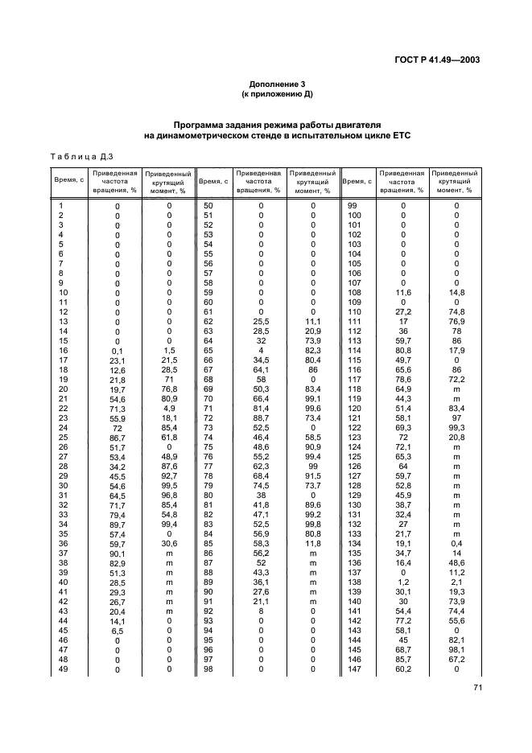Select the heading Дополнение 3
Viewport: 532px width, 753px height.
pyautogui.click(x=277, y=84)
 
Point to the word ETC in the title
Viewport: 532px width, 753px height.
pyautogui.click(x=399, y=136)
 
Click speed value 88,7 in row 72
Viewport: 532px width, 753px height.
pyautogui.click(x=261, y=419)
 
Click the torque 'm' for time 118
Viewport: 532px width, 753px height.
pyautogui.click(x=456, y=389)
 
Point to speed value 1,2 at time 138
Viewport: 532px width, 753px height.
pyautogui.click(x=404, y=582)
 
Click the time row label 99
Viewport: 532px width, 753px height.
pyautogui.click(x=353, y=205)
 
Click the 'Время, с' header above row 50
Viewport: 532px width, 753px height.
pyautogui.click(x=213, y=181)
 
